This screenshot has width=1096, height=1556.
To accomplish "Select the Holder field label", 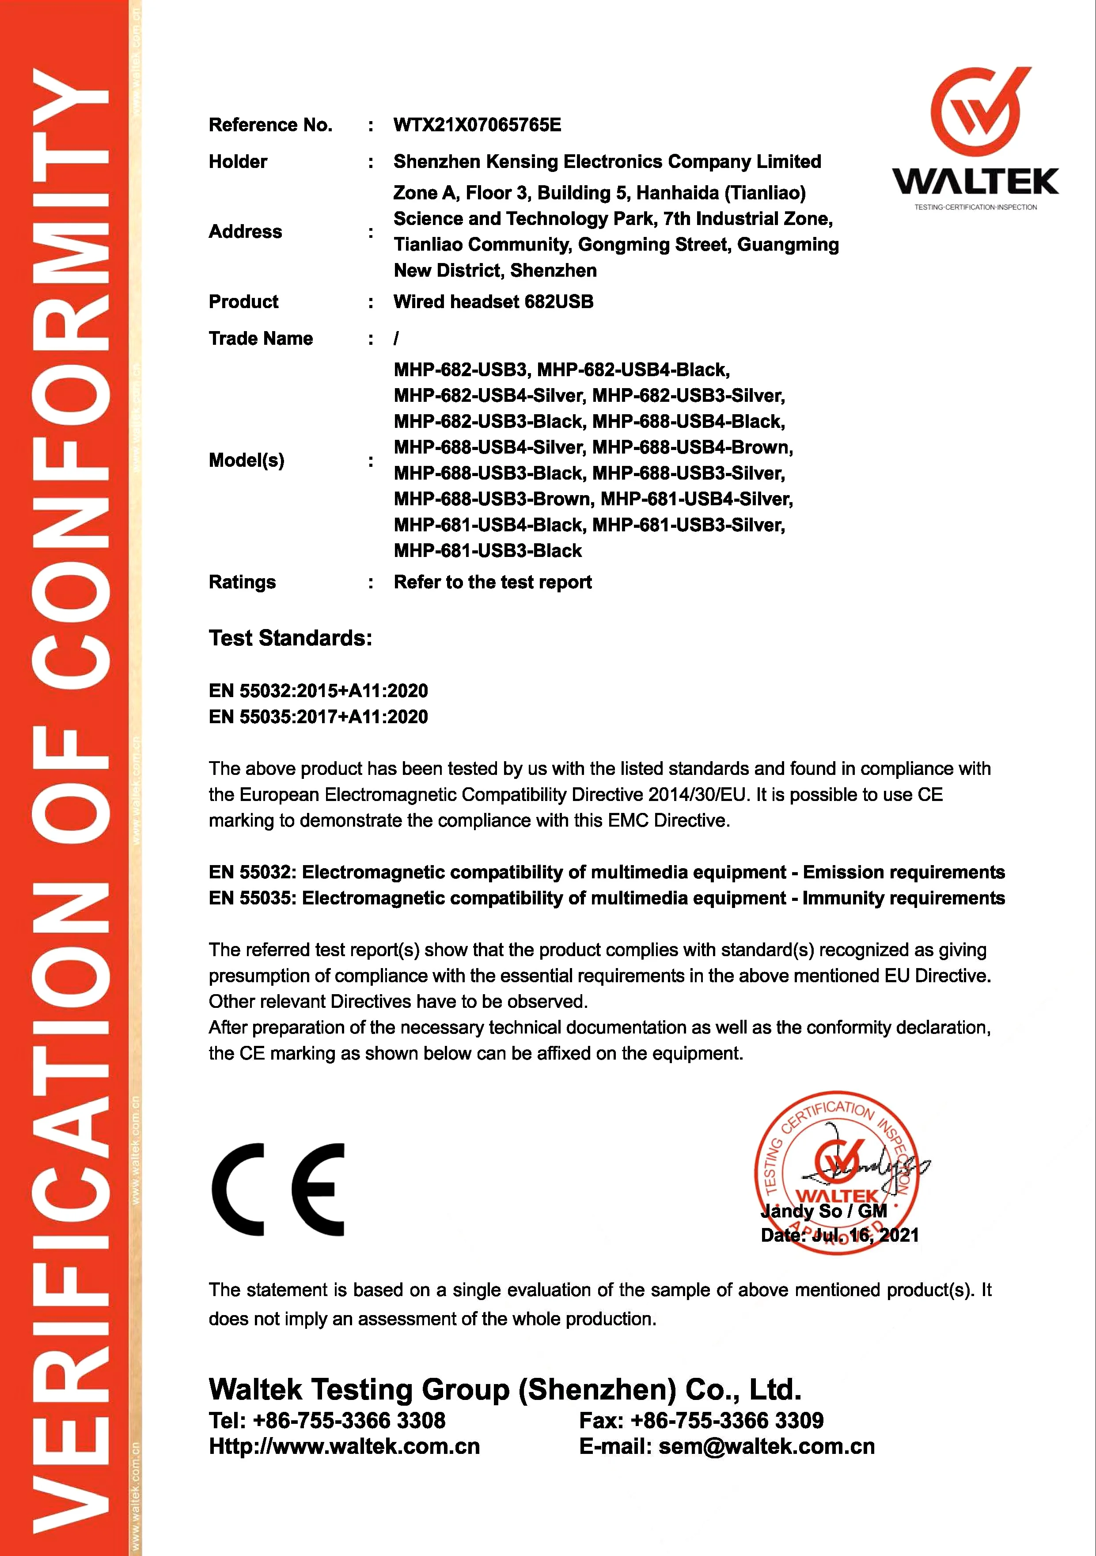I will click(238, 162).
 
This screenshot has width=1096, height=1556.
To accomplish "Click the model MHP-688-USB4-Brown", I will click(692, 448).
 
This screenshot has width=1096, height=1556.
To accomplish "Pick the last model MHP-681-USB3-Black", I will click(488, 551).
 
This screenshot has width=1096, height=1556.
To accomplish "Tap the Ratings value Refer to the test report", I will click(493, 583).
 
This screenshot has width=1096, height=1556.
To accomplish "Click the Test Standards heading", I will click(290, 638).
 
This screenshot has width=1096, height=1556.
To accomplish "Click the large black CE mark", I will click(278, 1190).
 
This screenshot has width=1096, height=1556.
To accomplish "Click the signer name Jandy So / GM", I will click(824, 1211).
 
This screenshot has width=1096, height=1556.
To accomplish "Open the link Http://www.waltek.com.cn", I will click(344, 1447).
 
